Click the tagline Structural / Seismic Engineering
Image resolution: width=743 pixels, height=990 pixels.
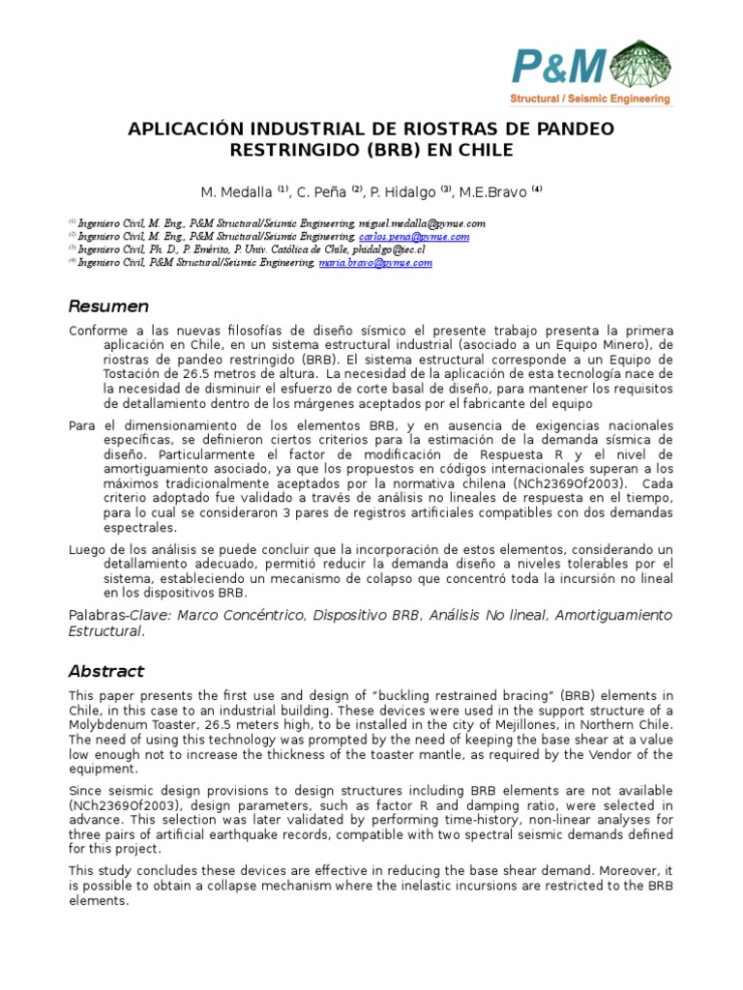coord(590,99)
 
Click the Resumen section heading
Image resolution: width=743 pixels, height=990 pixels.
coord(108,306)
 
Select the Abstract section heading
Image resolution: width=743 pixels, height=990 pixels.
coord(105,671)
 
